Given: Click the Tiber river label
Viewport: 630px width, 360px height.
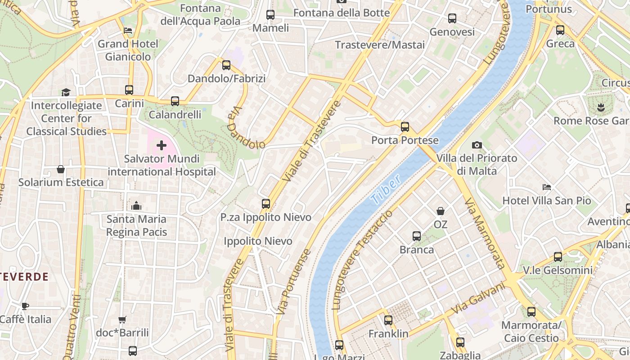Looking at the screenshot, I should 387,189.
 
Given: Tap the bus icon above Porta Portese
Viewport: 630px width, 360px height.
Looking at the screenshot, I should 405,127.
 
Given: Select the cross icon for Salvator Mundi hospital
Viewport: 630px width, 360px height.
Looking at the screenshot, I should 162,145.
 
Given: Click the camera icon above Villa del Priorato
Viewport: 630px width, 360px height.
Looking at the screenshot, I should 477,145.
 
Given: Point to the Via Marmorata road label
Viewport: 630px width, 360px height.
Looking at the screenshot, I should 483,233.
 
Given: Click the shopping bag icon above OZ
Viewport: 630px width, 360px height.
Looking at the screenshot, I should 441,211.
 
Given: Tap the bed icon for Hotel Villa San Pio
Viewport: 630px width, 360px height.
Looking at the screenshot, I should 547,187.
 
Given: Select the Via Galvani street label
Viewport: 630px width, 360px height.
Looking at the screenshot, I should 478,298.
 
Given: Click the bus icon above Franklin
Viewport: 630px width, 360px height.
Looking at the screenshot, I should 388,320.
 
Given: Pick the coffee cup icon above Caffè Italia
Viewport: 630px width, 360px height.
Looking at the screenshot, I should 25,306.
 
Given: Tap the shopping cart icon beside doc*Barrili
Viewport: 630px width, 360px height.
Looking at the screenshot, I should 122,319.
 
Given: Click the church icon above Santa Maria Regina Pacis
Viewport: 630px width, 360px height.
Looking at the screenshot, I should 136,206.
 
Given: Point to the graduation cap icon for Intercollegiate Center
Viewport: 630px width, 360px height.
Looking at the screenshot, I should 66,92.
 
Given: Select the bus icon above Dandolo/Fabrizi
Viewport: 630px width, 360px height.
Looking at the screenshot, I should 226,65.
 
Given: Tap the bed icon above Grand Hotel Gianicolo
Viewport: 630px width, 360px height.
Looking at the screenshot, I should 128,31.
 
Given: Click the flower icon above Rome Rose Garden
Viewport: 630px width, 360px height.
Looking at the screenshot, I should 601,107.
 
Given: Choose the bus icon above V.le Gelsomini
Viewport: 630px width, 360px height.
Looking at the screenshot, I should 558,257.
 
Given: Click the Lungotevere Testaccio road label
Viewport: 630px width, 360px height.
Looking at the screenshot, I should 362,259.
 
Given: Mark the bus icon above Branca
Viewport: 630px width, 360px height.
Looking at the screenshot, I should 417,236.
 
